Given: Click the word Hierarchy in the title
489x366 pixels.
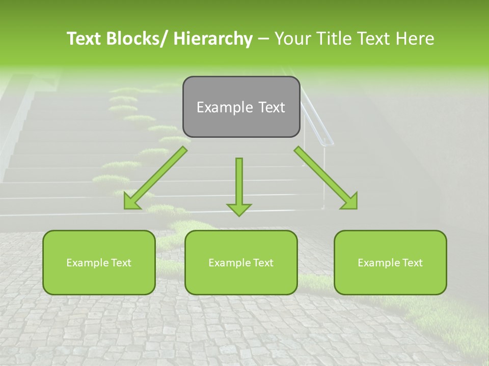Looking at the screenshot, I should tap(212, 39).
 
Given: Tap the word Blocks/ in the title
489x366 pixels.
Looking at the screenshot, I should tap(138, 39).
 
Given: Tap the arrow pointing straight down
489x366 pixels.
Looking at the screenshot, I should tap(239, 183).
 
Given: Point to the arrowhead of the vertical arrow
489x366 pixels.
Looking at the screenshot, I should tap(239, 209).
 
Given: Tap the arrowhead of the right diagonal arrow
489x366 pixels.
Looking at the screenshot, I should tap(350, 201).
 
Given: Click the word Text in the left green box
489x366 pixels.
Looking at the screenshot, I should tap(120, 263).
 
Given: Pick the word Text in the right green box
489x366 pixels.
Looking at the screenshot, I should tap(412, 263).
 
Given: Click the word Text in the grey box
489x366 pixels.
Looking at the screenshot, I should tap(270, 107).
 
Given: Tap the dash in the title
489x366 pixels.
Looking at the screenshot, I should tap(263, 40).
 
